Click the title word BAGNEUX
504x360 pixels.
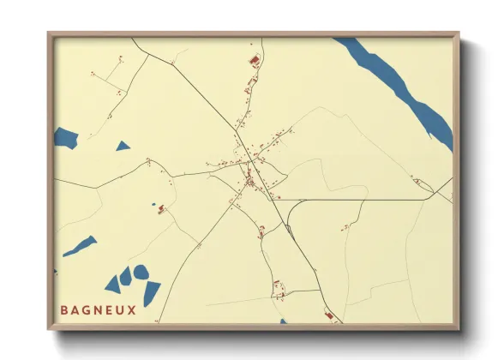[x=99, y=309]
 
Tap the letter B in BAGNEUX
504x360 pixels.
[x=65, y=309]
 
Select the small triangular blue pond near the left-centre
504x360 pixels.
[x=123, y=147]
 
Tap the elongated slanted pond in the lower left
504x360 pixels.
[x=80, y=246]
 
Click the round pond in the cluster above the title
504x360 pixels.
[x=140, y=273]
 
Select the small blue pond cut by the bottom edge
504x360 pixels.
[x=283, y=321]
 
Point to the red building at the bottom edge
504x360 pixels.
[x=327, y=317]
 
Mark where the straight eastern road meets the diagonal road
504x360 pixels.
[x=284, y=200]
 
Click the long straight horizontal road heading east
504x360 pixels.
[x=360, y=200]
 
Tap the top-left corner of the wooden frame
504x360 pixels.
[x=50, y=35]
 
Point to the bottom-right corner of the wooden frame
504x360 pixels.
[x=458, y=327]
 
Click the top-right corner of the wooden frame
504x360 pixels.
[x=458, y=35]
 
